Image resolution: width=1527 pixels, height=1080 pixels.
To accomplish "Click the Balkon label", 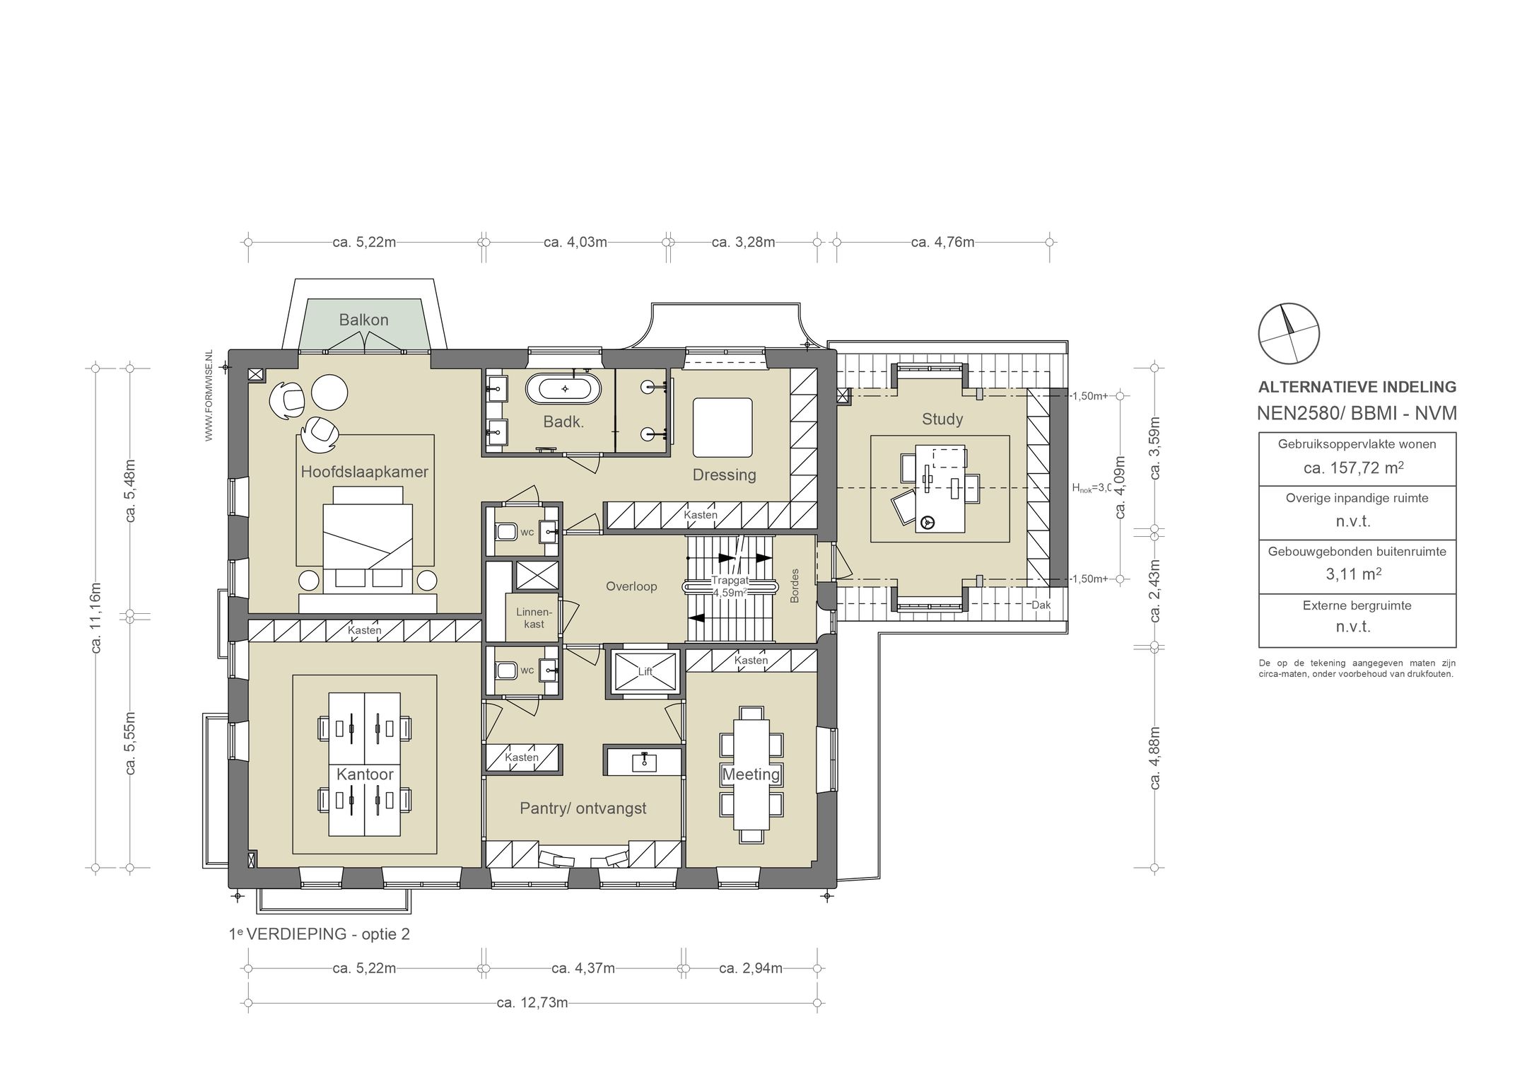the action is click(x=363, y=320).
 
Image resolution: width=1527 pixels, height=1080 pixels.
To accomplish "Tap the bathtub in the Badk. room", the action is click(x=564, y=388).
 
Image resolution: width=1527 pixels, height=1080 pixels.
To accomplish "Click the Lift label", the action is click(x=645, y=672).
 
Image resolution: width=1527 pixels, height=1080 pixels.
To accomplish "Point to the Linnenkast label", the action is click(x=534, y=617).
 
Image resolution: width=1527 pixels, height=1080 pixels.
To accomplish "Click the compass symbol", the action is click(x=1289, y=334).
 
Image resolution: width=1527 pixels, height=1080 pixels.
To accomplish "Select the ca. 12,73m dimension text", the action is click(x=532, y=1002).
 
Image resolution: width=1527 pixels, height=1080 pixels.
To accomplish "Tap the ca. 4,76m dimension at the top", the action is click(x=942, y=243).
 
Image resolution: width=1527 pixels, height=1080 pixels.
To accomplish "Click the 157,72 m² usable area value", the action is click(x=1353, y=468).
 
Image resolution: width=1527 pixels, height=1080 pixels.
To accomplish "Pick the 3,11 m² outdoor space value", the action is click(x=1353, y=574).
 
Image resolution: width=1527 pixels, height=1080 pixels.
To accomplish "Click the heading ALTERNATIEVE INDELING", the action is click(x=1357, y=387).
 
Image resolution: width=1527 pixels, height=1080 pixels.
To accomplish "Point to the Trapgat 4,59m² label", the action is click(x=730, y=586).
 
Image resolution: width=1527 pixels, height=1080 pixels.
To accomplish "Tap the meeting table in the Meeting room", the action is click(x=751, y=774).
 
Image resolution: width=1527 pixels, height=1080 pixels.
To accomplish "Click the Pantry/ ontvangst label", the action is click(x=583, y=808).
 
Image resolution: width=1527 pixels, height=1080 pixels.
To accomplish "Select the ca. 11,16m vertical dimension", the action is click(x=96, y=617).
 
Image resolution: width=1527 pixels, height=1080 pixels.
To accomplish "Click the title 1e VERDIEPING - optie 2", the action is click(x=320, y=934).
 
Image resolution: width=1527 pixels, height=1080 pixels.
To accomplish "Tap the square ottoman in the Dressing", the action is click(x=722, y=428).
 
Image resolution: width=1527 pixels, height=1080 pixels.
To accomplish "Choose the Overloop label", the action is click(x=631, y=586).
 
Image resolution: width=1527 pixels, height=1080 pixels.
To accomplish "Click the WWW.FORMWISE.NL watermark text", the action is click(x=209, y=396).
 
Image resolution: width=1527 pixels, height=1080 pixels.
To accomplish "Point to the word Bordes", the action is click(x=795, y=586).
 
